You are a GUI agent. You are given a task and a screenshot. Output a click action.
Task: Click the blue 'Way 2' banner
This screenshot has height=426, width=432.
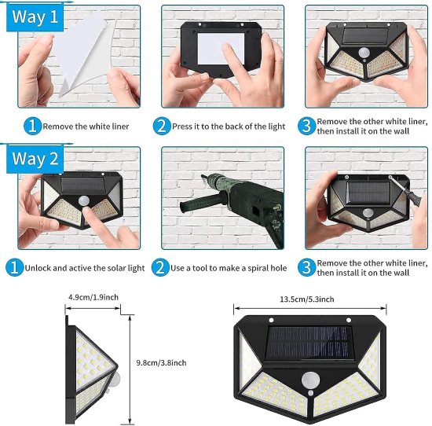point(33,159)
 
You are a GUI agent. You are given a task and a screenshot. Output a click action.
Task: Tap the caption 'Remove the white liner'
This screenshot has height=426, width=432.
point(86,126)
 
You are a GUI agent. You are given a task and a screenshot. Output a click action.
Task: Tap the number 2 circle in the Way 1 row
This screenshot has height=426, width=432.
point(162,126)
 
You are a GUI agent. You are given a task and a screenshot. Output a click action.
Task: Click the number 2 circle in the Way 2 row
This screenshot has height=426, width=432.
point(162,268)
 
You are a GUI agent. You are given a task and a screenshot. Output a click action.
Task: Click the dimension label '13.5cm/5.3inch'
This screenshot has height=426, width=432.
point(306,299)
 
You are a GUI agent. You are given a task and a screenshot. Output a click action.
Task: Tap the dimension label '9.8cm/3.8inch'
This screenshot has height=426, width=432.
point(160,362)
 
